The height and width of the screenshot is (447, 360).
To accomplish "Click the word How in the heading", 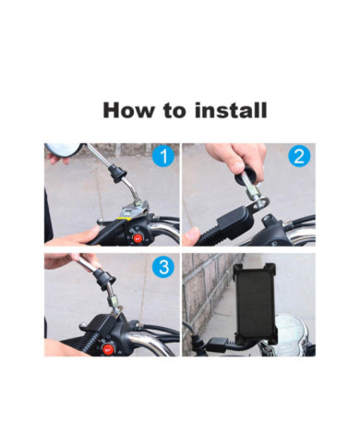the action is pos(129,110).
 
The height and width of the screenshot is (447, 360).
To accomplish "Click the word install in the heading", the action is pos(231,110).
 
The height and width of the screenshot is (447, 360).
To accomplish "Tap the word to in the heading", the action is pos(174,111).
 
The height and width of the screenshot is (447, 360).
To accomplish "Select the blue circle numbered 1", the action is pos(163,156).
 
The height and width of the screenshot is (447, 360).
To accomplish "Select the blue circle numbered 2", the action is pos(299,156).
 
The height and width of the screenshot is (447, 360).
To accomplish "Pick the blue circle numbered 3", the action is pos(163,266).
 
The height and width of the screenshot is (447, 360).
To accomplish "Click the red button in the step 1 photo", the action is pos(138,237).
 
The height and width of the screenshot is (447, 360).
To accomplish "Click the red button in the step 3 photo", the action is pos(107,348).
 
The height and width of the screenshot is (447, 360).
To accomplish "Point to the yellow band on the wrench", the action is pos(122,219).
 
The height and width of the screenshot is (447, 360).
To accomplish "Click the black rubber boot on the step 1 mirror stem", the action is pos(118,172).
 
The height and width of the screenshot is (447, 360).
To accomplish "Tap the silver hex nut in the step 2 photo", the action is pos(253,194).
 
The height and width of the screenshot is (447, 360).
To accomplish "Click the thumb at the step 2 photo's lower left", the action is pos(191,236).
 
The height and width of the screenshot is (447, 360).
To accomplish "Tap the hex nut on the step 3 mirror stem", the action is pos(114,300).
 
